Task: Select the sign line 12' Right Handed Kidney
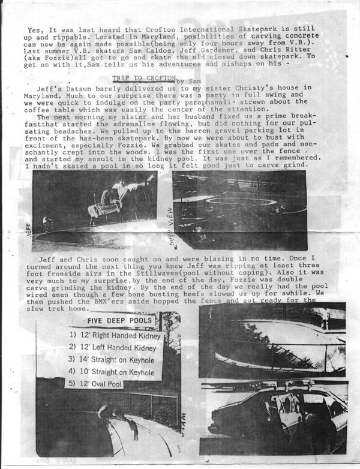[115, 335]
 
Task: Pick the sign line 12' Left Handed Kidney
[113, 347]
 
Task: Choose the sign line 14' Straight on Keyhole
[114, 360]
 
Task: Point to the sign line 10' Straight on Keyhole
[113, 372]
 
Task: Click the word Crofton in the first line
[149, 29]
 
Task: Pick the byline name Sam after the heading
[191, 79]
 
